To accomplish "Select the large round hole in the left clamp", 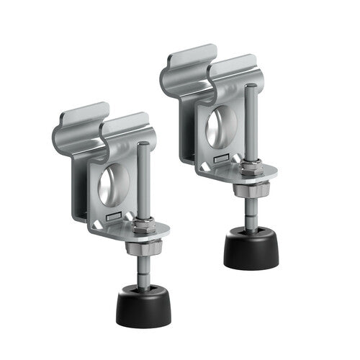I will click(x=114, y=183).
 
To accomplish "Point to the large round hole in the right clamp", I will click(x=220, y=127).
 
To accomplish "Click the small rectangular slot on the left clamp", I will click(x=112, y=215).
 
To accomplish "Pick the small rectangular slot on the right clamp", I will click(x=218, y=158).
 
